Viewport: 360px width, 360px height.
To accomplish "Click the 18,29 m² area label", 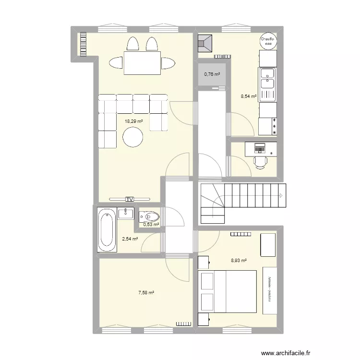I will pyautogui.click(x=134, y=121).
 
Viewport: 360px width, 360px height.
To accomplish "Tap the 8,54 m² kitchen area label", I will pyautogui.click(x=248, y=96).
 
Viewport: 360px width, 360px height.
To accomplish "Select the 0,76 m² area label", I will pyautogui.click(x=212, y=74).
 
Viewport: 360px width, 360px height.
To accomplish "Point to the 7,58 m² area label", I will pyautogui.click(x=147, y=292).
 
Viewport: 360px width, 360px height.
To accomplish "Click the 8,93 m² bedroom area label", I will pyautogui.click(x=239, y=261).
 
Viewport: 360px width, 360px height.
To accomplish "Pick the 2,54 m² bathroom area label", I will pyautogui.click(x=130, y=239).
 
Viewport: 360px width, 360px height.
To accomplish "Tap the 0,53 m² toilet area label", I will pyautogui.click(x=151, y=224).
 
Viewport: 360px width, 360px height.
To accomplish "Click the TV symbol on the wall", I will pyautogui.click(x=129, y=199).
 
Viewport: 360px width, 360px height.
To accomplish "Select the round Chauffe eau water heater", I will pyautogui.click(x=267, y=42).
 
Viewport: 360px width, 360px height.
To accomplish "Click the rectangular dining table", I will pyautogui.click(x=142, y=63).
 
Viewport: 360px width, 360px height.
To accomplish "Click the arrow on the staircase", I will pyautogui.click(x=281, y=195).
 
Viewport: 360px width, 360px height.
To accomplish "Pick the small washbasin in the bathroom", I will pyautogui.click(x=128, y=213).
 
